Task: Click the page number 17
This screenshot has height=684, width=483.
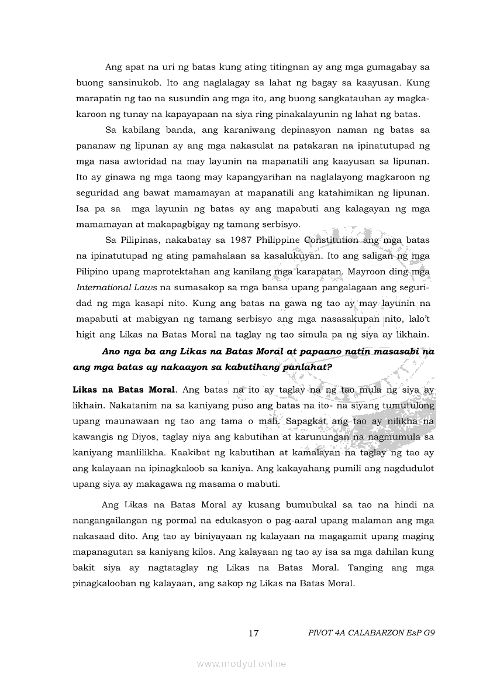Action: pos(253,633)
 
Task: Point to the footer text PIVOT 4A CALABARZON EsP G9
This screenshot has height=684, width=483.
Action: pos(371,633)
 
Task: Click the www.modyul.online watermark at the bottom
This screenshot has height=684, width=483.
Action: pos(241,664)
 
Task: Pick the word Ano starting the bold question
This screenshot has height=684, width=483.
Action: pos(112,352)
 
